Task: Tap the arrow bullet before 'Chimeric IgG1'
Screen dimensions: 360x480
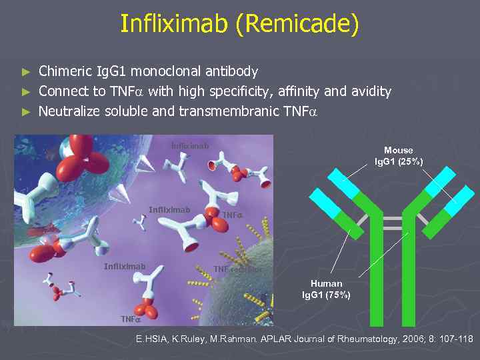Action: [26, 71]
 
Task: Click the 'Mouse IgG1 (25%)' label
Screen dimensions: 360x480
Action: [398, 156]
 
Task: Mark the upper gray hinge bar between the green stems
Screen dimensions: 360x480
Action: [393, 218]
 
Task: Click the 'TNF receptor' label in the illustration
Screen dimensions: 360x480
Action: [237, 269]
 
